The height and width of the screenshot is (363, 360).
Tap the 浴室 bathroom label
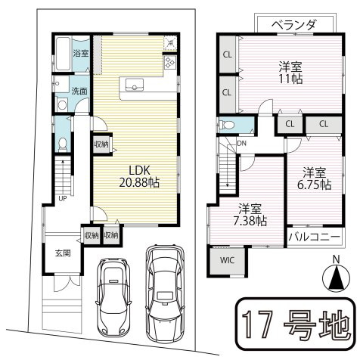pyautogui.click(x=80, y=54)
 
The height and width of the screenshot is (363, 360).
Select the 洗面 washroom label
pyautogui.click(x=79, y=91)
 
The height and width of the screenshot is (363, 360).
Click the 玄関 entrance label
pyautogui.click(x=62, y=253)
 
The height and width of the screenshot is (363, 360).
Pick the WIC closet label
pyautogui.click(x=228, y=262)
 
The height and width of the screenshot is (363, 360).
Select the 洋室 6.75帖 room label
pyautogui.click(x=315, y=177)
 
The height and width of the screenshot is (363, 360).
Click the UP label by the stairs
pyautogui.click(x=63, y=199)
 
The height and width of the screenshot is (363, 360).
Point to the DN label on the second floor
pyautogui.click(x=241, y=142)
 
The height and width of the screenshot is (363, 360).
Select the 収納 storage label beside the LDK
pyautogui.click(x=101, y=143)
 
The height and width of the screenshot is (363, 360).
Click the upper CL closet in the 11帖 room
pyautogui.click(x=227, y=54)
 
